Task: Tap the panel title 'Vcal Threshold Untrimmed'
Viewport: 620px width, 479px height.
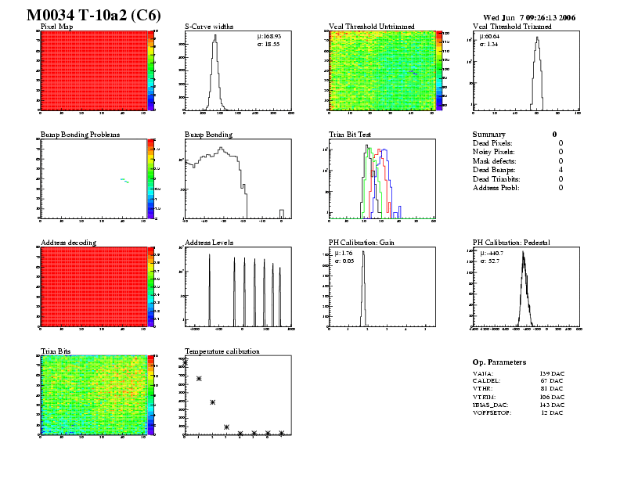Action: point(368,27)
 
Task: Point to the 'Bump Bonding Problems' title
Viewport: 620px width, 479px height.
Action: point(80,135)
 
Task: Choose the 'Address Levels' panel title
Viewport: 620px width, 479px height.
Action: point(209,243)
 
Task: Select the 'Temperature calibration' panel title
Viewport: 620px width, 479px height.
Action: point(222,351)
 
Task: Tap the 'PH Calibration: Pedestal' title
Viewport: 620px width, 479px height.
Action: point(512,243)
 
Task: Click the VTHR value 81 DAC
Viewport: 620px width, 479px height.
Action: point(551,387)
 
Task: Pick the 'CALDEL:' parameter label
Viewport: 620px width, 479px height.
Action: point(486,380)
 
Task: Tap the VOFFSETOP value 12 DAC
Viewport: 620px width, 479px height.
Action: point(551,412)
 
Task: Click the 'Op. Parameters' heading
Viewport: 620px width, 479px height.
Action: point(499,362)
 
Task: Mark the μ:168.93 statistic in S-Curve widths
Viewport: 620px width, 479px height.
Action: point(269,36)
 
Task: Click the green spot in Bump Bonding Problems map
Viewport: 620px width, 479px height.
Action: point(124,180)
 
